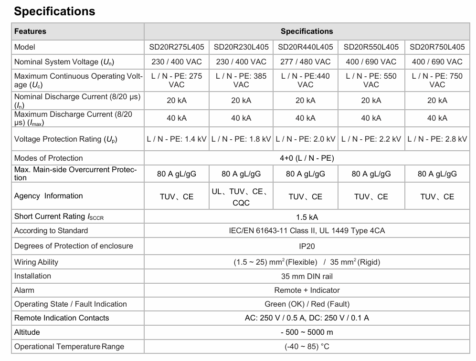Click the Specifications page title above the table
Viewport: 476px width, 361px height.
point(54,11)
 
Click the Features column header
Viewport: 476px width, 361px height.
point(30,31)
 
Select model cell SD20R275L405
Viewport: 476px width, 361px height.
point(176,47)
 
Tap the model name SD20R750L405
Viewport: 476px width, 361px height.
point(437,47)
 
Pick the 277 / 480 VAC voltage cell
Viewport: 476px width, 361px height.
point(305,62)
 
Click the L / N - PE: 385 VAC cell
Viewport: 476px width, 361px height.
point(241,80)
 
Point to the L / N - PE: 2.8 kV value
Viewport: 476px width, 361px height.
point(437,139)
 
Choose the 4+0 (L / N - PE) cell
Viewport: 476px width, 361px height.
point(307,158)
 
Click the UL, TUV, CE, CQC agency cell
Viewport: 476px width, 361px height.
point(241,196)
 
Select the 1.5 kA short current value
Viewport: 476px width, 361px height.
point(307,217)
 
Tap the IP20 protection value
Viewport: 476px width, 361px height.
point(307,247)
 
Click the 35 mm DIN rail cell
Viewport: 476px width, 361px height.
point(307,277)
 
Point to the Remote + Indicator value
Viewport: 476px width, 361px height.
point(307,290)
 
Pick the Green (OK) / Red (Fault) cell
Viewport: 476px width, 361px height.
point(307,304)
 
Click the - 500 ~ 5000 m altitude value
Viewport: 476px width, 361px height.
point(307,332)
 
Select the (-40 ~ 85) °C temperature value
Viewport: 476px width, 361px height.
point(307,347)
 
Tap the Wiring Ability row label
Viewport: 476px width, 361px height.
point(36,262)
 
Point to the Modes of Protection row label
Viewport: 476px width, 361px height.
point(48,158)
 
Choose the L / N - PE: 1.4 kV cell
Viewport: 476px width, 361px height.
point(176,139)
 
